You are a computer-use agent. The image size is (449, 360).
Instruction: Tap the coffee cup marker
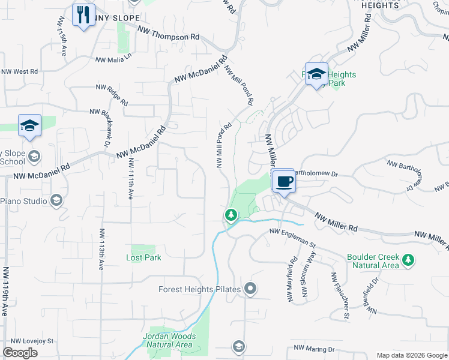pos(285,181)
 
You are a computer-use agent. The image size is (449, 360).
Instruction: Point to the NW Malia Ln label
pos(113,60)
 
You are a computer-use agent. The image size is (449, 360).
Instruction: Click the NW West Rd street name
pos(19,71)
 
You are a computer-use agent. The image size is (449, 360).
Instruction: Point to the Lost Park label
pos(143,257)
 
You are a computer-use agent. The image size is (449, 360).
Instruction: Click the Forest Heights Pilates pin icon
pos(251,289)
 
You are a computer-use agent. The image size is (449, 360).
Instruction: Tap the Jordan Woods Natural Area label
pos(169,340)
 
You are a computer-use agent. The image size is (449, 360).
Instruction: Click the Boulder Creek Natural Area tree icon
pos(408,260)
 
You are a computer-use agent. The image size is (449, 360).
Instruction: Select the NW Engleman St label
pos(292,237)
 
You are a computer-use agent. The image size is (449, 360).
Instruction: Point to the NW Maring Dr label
pos(315,349)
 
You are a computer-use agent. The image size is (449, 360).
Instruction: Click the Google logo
pos(20,353)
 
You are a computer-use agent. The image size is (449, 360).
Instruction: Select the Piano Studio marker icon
pos(56,200)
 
